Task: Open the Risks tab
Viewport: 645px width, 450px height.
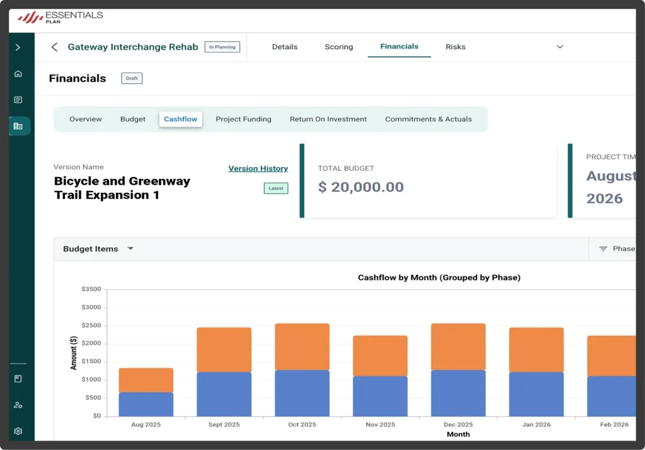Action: click(x=455, y=47)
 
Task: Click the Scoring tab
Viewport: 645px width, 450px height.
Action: click(x=338, y=47)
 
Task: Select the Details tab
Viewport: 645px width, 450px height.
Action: click(x=285, y=47)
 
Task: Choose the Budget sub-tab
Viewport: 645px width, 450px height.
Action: click(x=133, y=119)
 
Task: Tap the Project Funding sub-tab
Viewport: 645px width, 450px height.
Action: click(x=244, y=119)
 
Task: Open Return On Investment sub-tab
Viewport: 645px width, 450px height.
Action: click(x=328, y=119)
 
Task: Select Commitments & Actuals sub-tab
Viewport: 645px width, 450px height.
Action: click(x=428, y=119)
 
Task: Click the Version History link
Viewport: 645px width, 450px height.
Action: click(x=258, y=168)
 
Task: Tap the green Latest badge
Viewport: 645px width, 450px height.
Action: click(x=276, y=188)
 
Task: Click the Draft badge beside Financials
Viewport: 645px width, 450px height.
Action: click(x=132, y=78)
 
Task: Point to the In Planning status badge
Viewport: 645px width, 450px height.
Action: click(x=222, y=47)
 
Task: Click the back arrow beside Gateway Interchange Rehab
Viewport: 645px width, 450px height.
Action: click(x=54, y=47)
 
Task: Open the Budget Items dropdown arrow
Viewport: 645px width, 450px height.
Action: click(x=130, y=248)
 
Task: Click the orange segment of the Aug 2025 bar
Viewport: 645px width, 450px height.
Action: click(x=146, y=380)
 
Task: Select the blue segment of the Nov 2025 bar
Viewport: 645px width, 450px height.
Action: click(x=380, y=396)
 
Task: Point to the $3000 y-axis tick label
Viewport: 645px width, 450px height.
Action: click(x=91, y=307)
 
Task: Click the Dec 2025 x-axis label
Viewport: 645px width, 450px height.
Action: click(x=458, y=424)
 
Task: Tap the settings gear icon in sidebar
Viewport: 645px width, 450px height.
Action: click(x=18, y=431)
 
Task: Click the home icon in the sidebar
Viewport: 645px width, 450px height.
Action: click(x=18, y=74)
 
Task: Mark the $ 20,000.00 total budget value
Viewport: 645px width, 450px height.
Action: click(x=361, y=187)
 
